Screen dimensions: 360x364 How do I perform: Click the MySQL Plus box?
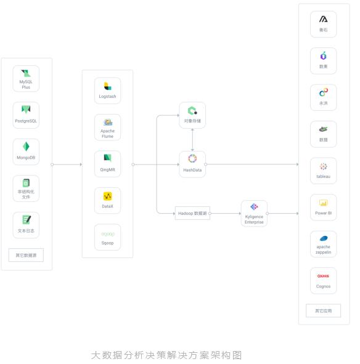[x=26, y=78]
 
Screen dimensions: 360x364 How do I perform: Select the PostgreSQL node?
[x=26, y=115]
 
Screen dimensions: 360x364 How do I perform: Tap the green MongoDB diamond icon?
[x=26, y=147]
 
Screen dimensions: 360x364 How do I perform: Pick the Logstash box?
[x=107, y=91]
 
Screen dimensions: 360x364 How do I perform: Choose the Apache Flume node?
[x=107, y=127]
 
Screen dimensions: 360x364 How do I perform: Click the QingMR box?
[x=107, y=164]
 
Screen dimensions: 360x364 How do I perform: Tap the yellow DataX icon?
[x=107, y=196]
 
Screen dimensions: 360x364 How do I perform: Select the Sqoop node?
[x=107, y=237]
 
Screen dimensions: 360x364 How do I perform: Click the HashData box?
[x=192, y=164]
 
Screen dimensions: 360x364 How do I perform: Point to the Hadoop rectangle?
[x=192, y=213]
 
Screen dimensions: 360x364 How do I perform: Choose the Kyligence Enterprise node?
[x=254, y=213]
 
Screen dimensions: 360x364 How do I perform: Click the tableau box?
[x=323, y=171]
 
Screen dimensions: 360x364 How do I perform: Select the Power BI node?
[x=323, y=208]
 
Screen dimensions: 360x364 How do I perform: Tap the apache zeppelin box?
[x=323, y=244]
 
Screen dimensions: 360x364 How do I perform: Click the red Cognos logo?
[x=323, y=276]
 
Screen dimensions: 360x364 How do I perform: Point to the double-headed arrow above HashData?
[x=192, y=140]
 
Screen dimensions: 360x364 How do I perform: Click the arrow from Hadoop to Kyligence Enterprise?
[x=226, y=213]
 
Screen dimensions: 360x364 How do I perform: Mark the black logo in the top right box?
[x=323, y=19]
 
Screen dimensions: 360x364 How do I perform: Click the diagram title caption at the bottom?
[x=166, y=355]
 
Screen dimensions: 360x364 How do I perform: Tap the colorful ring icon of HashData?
[x=192, y=158]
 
